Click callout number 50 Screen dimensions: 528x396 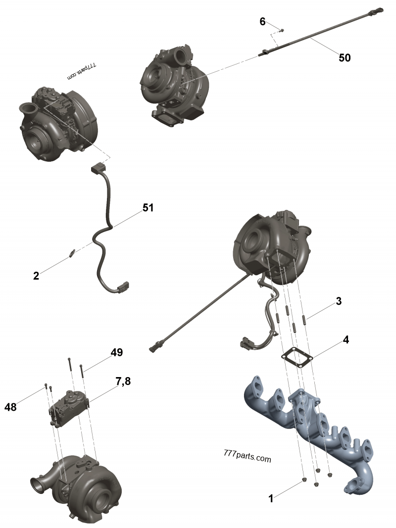(345, 58)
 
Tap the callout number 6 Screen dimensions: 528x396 (262, 21)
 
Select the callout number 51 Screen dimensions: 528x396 (148, 208)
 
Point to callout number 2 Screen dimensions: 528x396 (36, 276)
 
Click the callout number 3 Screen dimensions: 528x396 (338, 301)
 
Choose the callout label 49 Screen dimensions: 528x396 (116, 352)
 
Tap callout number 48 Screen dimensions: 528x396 (10, 407)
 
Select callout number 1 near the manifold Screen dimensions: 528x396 (271, 499)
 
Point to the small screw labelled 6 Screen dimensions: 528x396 (282, 30)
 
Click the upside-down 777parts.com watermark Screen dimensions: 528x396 (83, 71)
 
